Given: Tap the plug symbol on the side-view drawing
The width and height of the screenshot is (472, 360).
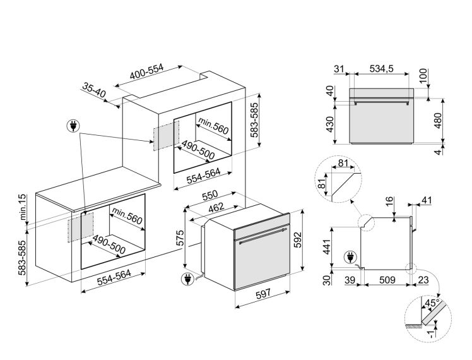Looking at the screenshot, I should tap(348, 258).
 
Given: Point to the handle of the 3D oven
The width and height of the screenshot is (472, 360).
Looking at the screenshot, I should tap(262, 240).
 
